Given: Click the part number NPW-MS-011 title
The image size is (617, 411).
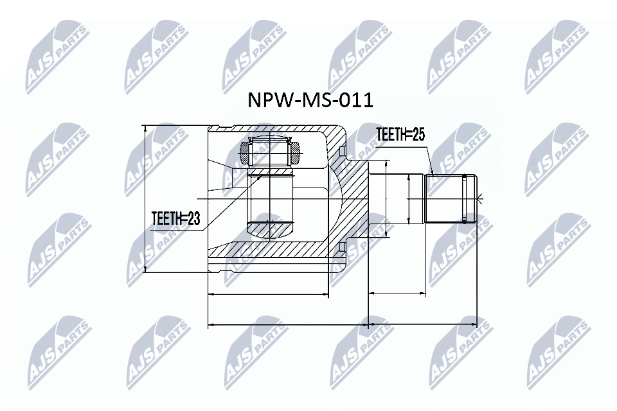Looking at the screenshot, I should tap(310, 101).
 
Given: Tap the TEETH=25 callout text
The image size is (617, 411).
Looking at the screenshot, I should tap(400, 134).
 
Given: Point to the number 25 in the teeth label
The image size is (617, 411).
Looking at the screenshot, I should tap(418, 134).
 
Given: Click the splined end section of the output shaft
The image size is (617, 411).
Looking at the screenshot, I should tap(451, 198).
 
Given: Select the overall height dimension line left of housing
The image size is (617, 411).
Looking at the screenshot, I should tap(146, 198).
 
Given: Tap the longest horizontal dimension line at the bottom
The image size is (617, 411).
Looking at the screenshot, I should tap(343, 324).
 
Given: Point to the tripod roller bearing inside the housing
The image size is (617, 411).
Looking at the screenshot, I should tap(271, 153).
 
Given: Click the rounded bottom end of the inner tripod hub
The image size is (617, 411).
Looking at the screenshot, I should tap(271, 229).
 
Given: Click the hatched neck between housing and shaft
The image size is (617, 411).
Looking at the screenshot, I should tap(355, 199).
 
